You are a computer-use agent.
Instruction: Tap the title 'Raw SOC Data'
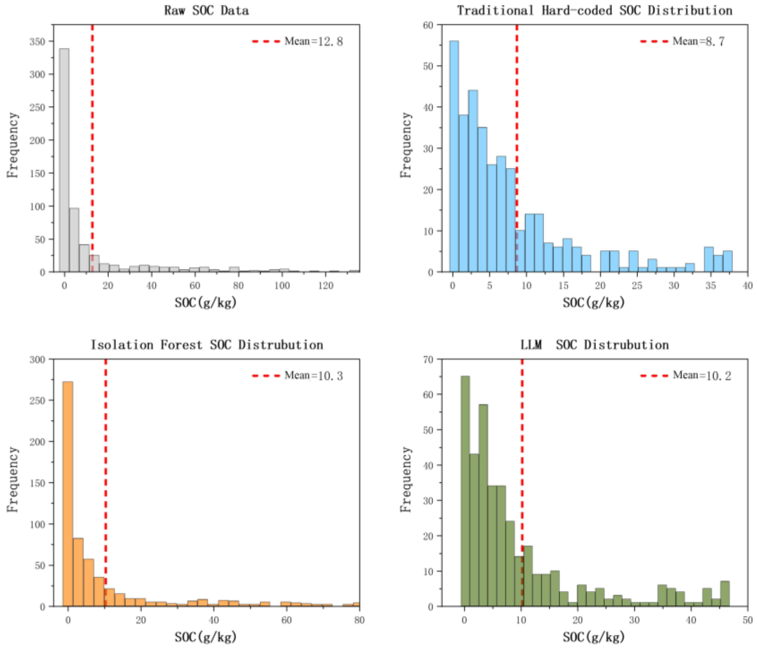207,10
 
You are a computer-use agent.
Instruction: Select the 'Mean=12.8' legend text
314,41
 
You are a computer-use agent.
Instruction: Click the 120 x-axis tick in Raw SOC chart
325,285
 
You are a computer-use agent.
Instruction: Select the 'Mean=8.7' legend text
699,41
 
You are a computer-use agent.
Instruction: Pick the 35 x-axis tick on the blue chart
711,285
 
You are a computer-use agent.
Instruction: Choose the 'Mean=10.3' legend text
314,375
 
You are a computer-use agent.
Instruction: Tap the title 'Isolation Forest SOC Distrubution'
207,345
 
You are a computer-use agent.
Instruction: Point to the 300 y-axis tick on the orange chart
38,359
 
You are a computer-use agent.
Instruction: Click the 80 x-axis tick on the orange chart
359,620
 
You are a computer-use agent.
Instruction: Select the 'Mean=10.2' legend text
702,375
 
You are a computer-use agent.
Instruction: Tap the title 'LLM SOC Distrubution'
594,345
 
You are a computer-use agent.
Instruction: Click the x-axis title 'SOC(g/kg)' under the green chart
594,637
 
